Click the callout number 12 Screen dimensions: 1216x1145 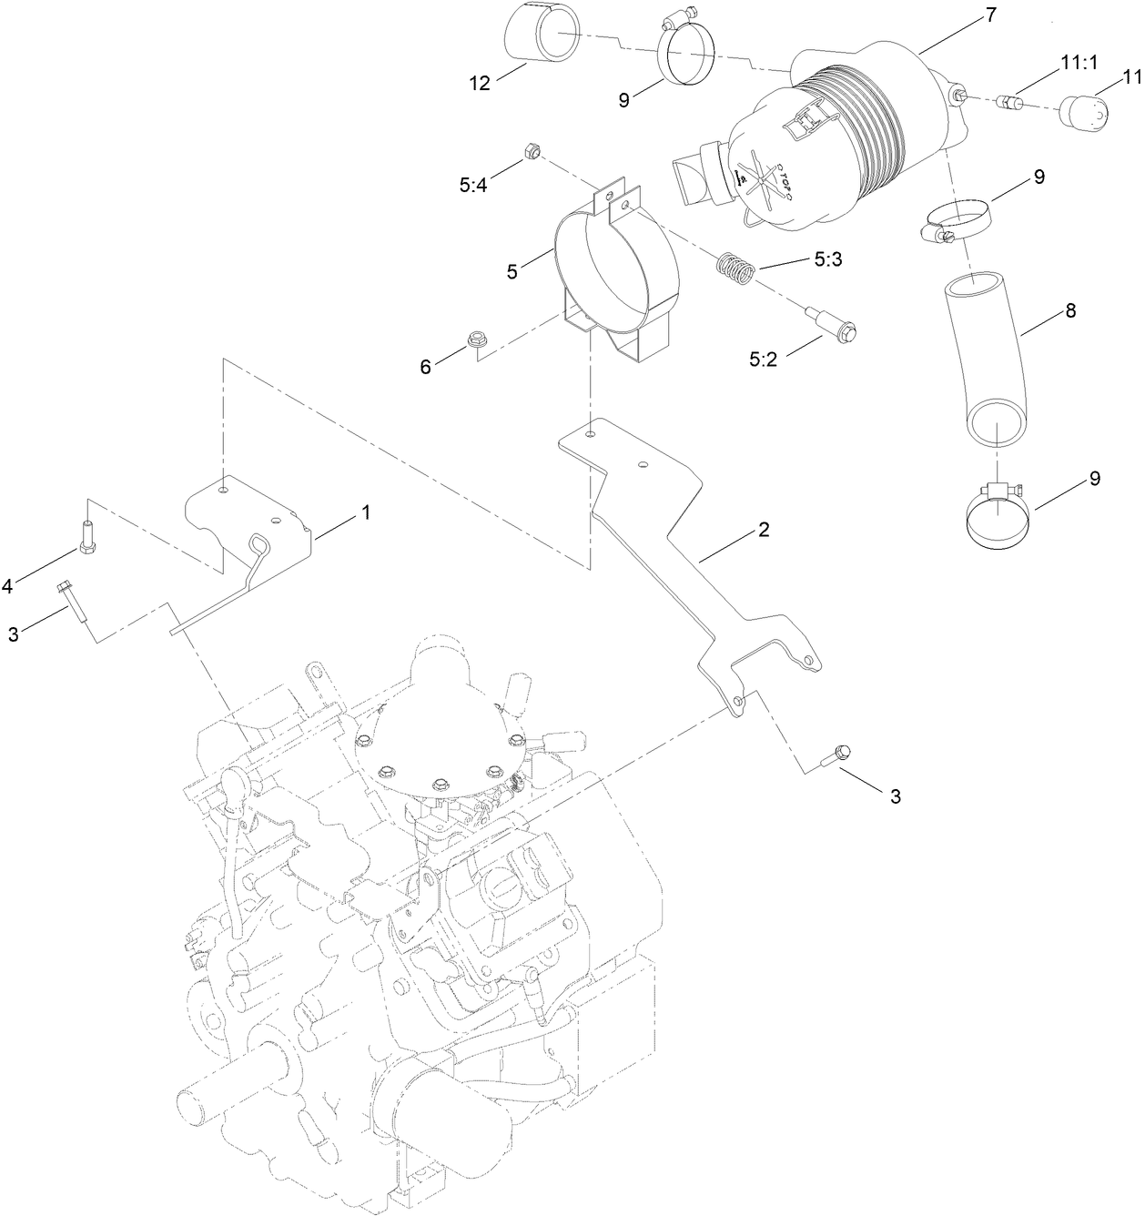click(479, 83)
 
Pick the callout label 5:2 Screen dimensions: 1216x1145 click(763, 360)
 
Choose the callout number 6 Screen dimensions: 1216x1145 click(425, 365)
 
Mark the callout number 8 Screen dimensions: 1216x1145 click(1069, 311)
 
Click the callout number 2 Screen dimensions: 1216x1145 click(764, 529)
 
